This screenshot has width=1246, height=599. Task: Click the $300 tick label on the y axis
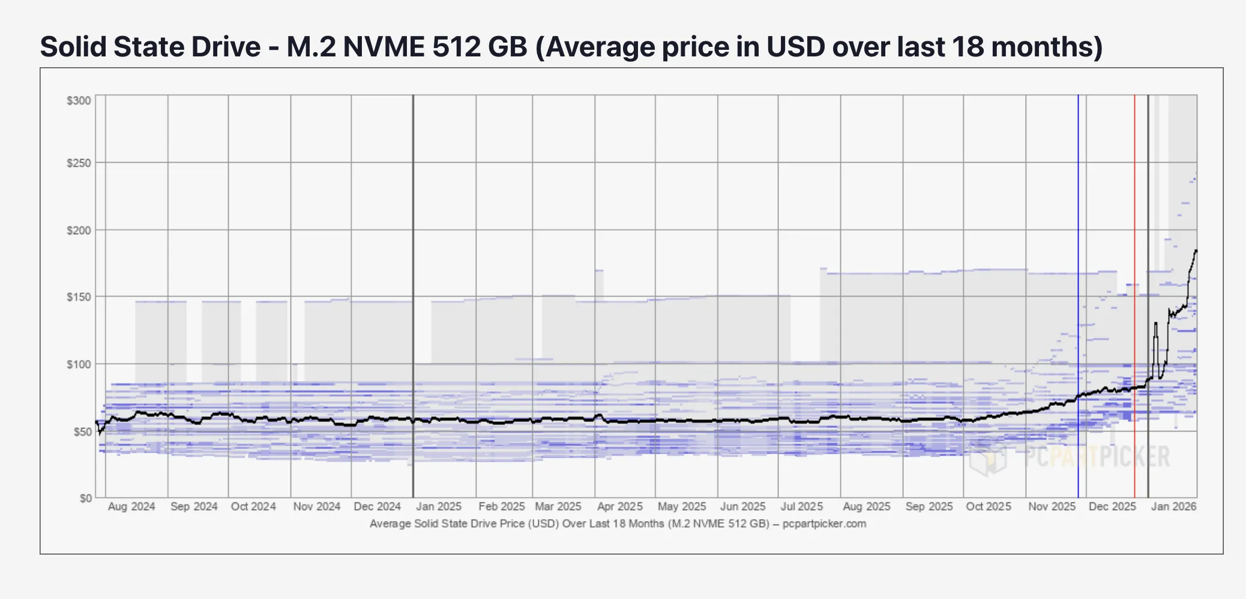(79, 101)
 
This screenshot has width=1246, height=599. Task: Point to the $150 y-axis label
(79, 297)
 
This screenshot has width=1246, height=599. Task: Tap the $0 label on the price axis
(86, 498)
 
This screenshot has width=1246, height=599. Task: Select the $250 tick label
(79, 163)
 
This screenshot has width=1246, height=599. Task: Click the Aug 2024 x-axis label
(131, 507)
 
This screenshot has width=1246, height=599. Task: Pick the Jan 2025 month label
(439, 507)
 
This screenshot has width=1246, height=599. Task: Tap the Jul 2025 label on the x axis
(801, 507)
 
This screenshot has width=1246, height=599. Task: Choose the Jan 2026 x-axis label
(1173, 507)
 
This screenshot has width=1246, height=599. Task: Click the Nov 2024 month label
(316, 507)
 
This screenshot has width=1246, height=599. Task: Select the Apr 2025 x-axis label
(619, 507)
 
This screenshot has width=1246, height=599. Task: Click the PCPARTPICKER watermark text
(1097, 457)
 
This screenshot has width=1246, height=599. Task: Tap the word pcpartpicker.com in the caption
(824, 523)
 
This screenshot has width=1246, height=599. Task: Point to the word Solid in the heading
(73, 47)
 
